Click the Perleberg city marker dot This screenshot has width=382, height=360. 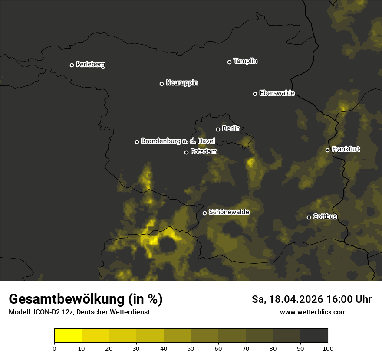pyautogui.click(x=72, y=65)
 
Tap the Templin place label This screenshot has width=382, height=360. pyautogui.click(x=245, y=61)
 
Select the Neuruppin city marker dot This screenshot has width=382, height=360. pyautogui.click(x=161, y=84)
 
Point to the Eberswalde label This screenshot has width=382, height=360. pyautogui.click(x=277, y=93)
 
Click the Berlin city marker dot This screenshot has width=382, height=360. pyautogui.click(x=218, y=129)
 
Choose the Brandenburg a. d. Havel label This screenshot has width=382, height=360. pyautogui.click(x=178, y=141)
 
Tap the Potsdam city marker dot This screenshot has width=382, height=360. pyautogui.click(x=186, y=152)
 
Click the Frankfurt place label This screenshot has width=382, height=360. pyautogui.click(x=346, y=149)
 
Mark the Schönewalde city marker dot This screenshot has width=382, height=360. pyautogui.click(x=204, y=213)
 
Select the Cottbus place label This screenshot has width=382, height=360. pyautogui.click(x=325, y=216)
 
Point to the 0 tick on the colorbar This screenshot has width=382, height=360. pyautogui.click(x=54, y=348)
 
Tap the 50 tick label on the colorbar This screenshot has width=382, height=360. pyautogui.click(x=191, y=348)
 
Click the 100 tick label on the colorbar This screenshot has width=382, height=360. pyautogui.click(x=328, y=348)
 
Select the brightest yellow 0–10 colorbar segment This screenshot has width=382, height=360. pyautogui.click(x=68, y=336)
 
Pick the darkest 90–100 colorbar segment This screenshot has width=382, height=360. pyautogui.click(x=314, y=336)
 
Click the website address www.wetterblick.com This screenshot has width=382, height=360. pyautogui.click(x=313, y=312)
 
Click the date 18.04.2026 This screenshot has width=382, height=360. pyautogui.click(x=295, y=299)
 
